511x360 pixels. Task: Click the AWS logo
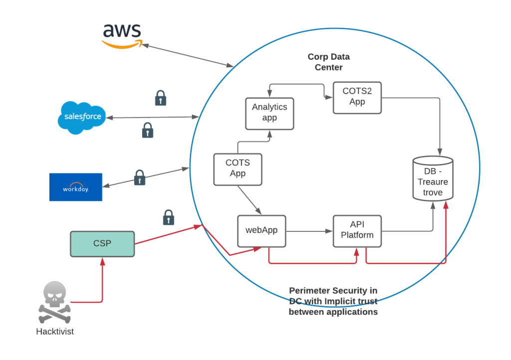click(122, 35)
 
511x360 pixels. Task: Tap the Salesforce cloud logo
click(82, 117)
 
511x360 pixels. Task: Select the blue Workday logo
click(76, 187)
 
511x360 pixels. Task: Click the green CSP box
click(102, 244)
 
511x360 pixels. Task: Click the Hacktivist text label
click(55, 331)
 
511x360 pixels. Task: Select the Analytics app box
click(269, 113)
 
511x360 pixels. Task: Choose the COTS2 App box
click(357, 97)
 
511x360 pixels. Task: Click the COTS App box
click(238, 169)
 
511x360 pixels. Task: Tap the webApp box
click(261, 231)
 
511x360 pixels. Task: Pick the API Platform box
click(357, 231)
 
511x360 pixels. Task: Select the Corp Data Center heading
click(328, 62)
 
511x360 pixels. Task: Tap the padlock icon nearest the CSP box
click(169, 217)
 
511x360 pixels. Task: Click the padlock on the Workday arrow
click(140, 178)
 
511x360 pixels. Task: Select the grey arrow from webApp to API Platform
click(309, 231)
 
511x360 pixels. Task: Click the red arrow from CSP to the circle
click(168, 235)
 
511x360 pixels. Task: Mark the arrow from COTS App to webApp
click(249, 199)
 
